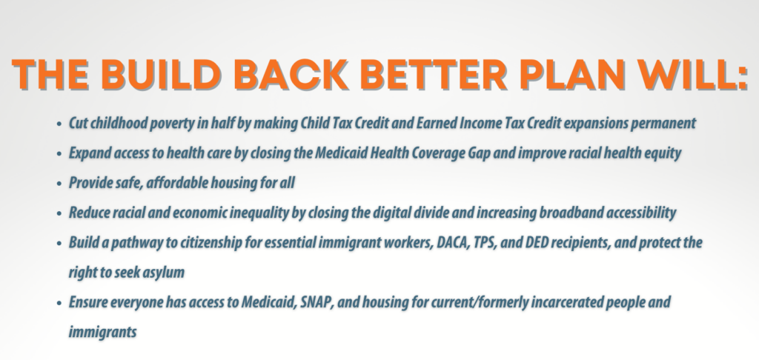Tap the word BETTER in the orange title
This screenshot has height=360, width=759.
tap(434, 75)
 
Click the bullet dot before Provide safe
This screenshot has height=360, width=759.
tap(59, 184)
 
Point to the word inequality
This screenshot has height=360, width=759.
tap(259, 213)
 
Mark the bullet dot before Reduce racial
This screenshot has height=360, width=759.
tap(59, 213)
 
